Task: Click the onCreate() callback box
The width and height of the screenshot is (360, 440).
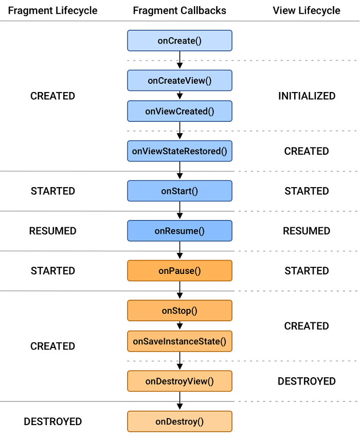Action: pyautogui.click(x=179, y=41)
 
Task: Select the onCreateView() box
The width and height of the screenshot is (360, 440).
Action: pyautogui.click(x=179, y=80)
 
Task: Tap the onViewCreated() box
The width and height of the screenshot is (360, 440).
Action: pyautogui.click(x=179, y=111)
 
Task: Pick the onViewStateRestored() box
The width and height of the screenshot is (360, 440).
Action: pyautogui.click(x=179, y=151)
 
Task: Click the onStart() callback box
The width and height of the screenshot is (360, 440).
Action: pyautogui.click(x=179, y=191)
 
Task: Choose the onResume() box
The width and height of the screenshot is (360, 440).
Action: pyautogui.click(x=179, y=231)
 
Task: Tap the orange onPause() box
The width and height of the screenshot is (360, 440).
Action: pyautogui.click(x=179, y=270)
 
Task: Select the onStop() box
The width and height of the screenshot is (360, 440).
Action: pyautogui.click(x=179, y=310)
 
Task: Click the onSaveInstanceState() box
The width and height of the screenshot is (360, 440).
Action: pyautogui.click(x=179, y=341)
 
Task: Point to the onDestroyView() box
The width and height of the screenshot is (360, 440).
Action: pyautogui.click(x=179, y=381)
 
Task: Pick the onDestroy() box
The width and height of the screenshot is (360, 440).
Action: pyautogui.click(x=179, y=421)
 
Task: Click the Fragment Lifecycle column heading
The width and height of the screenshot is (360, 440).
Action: pyautogui.click(x=53, y=10)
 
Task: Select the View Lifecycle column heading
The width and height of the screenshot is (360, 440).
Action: pyautogui.click(x=307, y=10)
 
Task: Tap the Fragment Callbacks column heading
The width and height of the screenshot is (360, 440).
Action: pyautogui.click(x=179, y=10)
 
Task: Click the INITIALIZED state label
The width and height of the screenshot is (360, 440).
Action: pyautogui.click(x=307, y=96)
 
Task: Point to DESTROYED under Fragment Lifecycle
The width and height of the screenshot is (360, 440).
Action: pyautogui.click(x=53, y=421)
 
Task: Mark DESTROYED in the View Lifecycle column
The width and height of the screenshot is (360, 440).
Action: pyautogui.click(x=307, y=381)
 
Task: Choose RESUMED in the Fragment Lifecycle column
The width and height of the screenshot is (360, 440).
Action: pyautogui.click(x=53, y=231)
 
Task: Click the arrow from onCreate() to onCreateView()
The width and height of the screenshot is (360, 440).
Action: pyautogui.click(x=179, y=60)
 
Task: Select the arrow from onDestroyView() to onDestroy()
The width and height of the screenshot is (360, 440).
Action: pyautogui.click(x=179, y=401)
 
